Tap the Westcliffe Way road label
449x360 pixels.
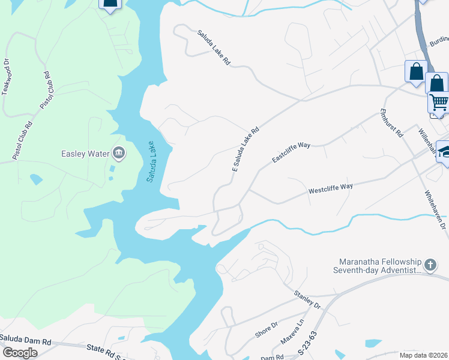(x=330, y=188)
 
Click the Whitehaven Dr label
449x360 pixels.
(x=435, y=211)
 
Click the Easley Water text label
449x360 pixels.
(x=85, y=154)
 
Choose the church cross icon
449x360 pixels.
(x=430, y=265)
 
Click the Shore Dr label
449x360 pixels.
(x=267, y=329)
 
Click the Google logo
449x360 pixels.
(x=19, y=352)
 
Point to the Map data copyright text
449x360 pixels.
(x=423, y=355)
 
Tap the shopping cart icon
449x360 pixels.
(x=439, y=103)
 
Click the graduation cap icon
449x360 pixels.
(x=444, y=151)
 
